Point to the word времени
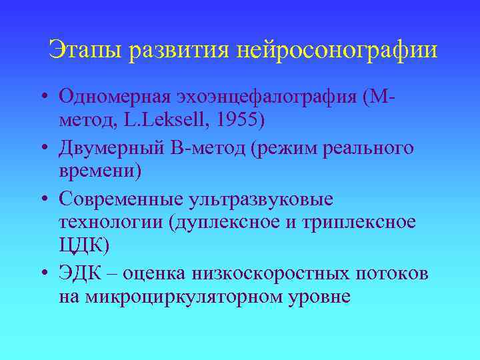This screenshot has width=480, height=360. (100, 172)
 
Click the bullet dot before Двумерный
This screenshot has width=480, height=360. (42, 148)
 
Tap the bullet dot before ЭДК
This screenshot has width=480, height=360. (42, 272)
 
